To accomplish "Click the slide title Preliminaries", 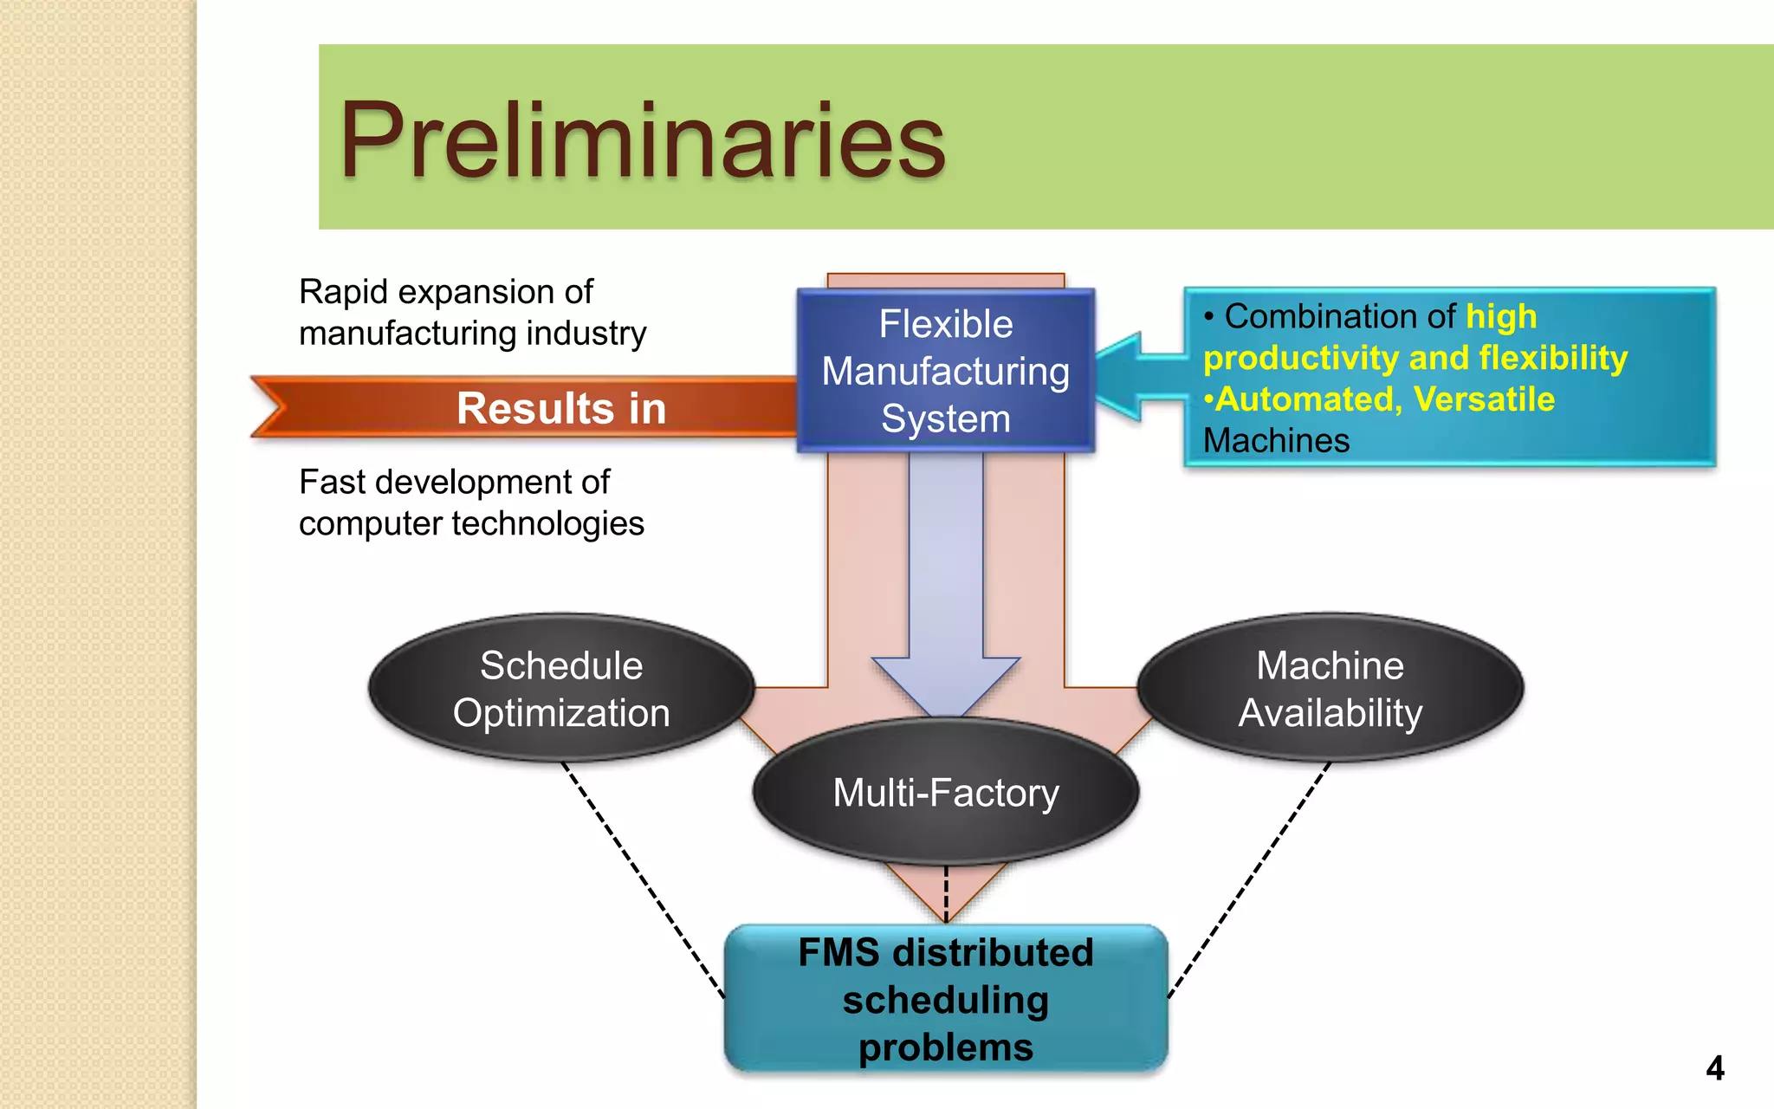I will point(642,140).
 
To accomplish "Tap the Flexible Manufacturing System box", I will point(945,371).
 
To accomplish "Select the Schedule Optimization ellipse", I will point(561,688).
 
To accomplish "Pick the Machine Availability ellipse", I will point(1330,688).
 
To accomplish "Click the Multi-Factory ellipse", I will point(945,792).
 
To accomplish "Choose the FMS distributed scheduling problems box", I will point(945,999).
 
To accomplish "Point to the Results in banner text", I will point(561,408).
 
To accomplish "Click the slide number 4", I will point(1714,1067).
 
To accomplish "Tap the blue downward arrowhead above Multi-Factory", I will point(946,684).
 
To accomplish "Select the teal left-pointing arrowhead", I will point(1122,378).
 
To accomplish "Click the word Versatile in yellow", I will point(1484,399).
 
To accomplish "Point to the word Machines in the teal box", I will point(1276,441).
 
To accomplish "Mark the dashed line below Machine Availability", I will point(1249,879).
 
